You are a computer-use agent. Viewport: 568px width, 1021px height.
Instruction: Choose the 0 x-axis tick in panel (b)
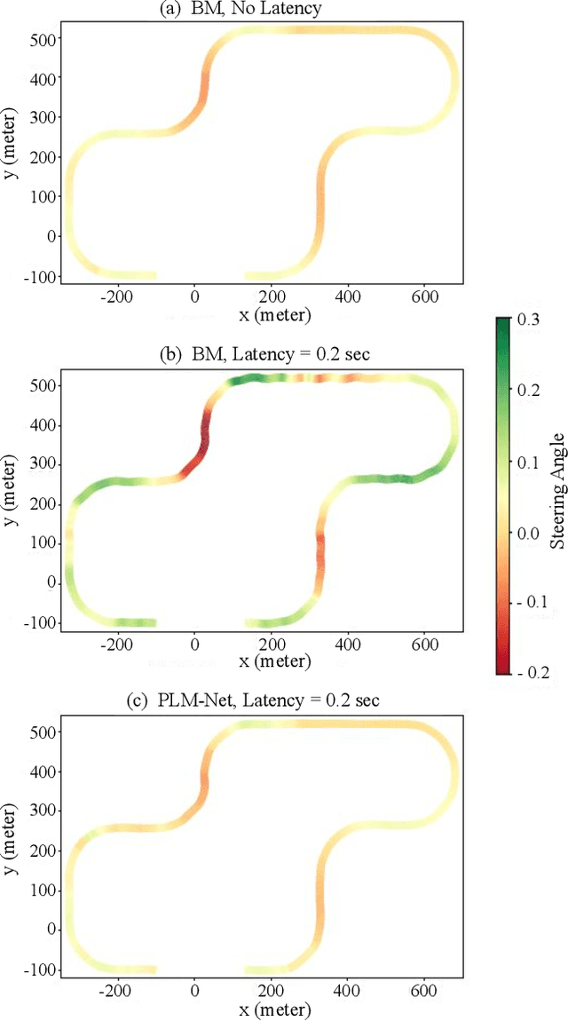coord(196,642)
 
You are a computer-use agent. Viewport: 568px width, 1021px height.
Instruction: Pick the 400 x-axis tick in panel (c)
coord(349,989)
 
